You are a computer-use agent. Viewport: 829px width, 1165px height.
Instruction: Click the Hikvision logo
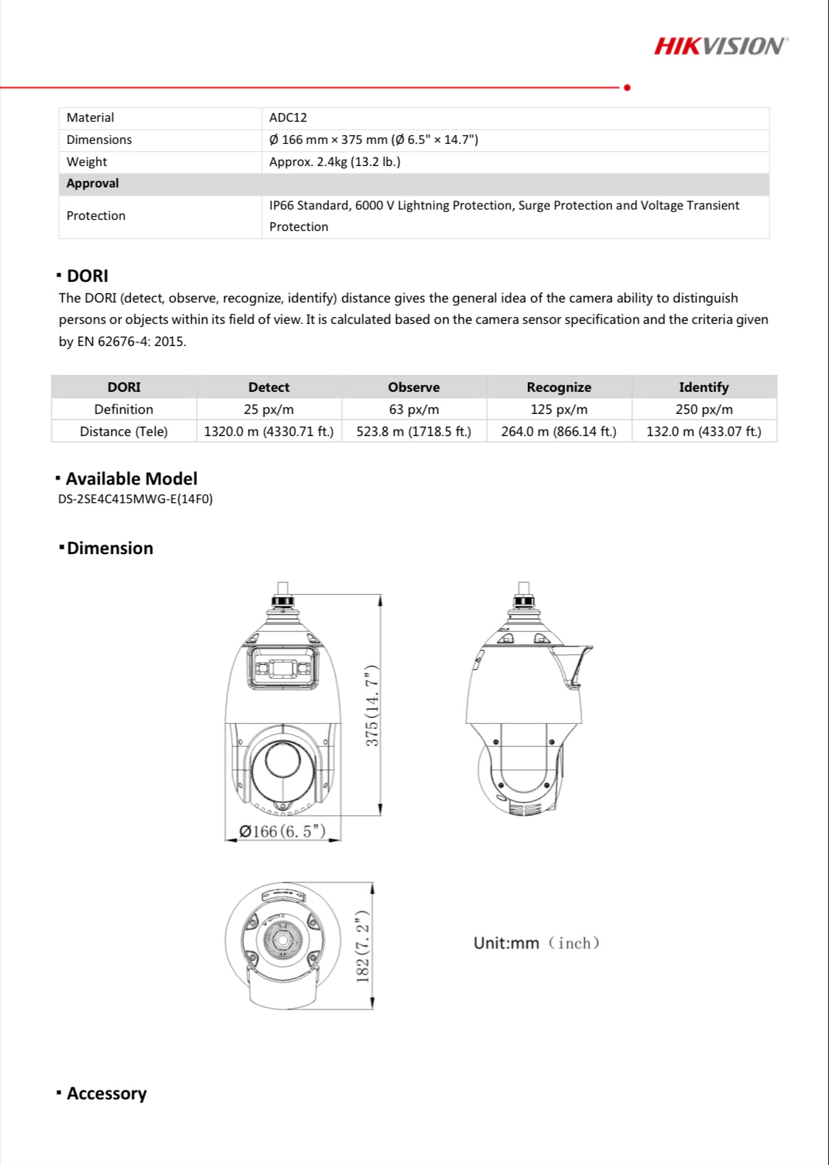click(720, 46)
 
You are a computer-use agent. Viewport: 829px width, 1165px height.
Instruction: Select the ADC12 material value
click(288, 117)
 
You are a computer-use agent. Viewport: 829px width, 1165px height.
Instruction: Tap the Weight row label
click(86, 162)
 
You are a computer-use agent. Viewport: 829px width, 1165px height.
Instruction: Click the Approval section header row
click(413, 184)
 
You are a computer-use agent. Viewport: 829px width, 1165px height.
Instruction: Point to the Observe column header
click(414, 387)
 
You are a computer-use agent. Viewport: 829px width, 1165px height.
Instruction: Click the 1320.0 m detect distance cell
click(268, 432)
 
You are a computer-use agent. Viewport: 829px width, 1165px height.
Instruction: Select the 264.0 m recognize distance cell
click(558, 432)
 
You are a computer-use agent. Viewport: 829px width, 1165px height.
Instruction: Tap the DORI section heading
click(87, 276)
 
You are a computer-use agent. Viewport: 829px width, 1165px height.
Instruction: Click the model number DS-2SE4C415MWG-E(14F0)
click(135, 499)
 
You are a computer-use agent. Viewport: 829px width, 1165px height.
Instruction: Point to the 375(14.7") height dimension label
click(372, 705)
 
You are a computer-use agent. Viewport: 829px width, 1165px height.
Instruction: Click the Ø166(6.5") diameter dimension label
click(282, 832)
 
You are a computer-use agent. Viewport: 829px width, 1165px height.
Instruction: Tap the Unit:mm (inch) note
click(536, 943)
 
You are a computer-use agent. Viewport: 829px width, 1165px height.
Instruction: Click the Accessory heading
click(106, 1093)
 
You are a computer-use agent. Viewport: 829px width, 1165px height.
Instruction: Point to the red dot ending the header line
click(627, 88)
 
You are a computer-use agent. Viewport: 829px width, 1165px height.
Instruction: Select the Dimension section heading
click(109, 548)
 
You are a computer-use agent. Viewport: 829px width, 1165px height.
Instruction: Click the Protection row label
click(96, 216)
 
